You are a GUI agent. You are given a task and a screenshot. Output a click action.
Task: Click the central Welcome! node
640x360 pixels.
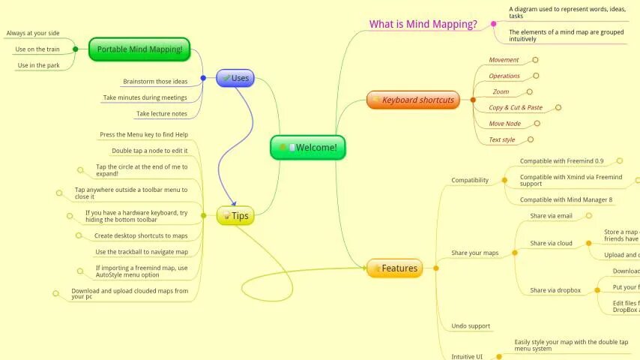pos(308,148)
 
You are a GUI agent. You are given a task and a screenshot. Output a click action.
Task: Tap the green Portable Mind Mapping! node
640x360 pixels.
pos(139,50)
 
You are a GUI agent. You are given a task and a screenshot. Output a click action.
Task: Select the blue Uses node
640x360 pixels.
pos(235,78)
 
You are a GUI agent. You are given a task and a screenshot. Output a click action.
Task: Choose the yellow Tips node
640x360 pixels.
pos(235,216)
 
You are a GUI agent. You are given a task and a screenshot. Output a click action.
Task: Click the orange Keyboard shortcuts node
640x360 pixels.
pos(413,100)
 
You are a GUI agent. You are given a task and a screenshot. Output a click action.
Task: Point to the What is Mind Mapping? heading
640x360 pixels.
pos(423,24)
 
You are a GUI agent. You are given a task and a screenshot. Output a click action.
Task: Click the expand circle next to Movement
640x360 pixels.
pos(535,59)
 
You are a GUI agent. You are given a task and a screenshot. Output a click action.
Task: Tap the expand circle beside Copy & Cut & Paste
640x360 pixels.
pos(558,107)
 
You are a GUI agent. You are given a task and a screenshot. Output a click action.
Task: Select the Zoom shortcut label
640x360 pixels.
pos(501,91)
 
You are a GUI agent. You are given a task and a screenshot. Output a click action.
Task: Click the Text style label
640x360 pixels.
pos(502,139)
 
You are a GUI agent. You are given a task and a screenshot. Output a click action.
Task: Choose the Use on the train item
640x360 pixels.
pos(37,49)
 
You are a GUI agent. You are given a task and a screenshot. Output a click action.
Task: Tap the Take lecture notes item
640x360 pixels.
pos(161,114)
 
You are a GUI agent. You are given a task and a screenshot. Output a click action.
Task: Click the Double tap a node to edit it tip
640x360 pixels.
pos(150,151)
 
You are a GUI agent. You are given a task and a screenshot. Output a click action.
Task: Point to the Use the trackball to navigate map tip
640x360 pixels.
pos(142,252)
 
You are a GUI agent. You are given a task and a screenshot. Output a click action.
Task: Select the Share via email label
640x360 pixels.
pos(551,216)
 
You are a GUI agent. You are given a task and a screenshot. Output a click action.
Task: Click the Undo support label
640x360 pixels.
pos(471,326)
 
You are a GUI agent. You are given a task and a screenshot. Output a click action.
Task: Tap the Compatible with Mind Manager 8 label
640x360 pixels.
pos(566,199)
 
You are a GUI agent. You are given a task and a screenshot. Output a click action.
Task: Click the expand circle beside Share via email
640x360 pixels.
pos(590,216)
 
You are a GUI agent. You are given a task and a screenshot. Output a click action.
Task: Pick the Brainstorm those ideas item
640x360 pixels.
pos(155,81)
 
